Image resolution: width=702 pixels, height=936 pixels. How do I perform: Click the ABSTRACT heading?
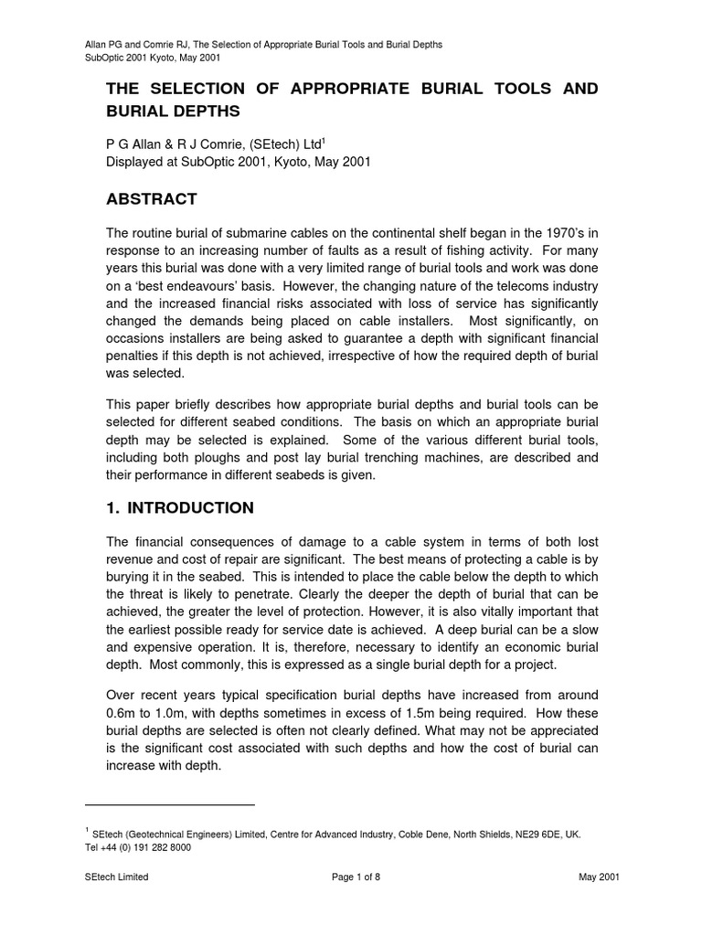click(152, 199)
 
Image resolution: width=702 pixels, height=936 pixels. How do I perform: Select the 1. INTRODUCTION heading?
click(181, 507)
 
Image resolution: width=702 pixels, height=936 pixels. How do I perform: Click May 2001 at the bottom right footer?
click(599, 877)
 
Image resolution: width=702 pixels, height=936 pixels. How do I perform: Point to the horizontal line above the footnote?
click(169, 804)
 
